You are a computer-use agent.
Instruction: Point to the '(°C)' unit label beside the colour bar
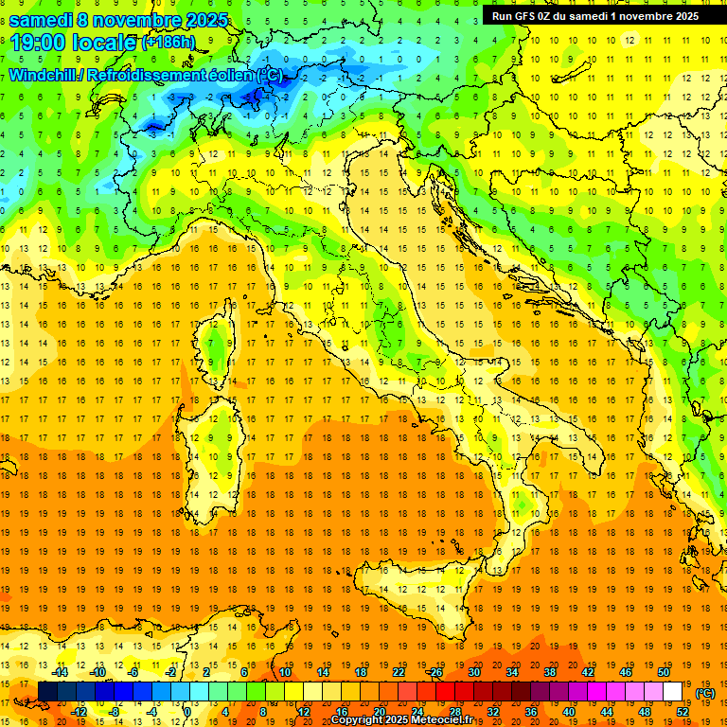(705, 693)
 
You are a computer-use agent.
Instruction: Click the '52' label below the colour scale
(683, 711)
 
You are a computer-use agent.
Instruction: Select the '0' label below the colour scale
(187, 711)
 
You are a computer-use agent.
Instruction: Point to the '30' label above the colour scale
(473, 673)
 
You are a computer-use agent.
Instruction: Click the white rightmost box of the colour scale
(673, 692)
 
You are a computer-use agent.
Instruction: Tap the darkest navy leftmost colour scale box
(47, 692)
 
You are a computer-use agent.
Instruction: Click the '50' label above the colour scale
(664, 673)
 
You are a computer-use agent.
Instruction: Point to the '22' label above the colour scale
(398, 673)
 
